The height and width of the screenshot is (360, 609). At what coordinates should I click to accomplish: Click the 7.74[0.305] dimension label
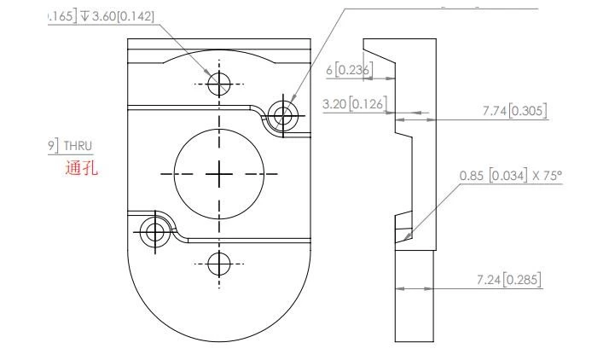(514, 111)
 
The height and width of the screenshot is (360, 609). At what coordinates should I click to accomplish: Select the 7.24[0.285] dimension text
(511, 279)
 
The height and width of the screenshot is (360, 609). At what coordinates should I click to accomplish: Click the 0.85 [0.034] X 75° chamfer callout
(512, 175)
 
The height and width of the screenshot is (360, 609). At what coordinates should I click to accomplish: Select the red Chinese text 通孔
(81, 168)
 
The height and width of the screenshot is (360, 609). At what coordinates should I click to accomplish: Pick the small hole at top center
(219, 83)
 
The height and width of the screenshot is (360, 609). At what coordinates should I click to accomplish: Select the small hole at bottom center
(219, 263)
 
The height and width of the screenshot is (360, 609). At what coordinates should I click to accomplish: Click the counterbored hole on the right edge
(282, 113)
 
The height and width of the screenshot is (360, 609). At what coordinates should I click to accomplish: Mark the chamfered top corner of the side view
(380, 58)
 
